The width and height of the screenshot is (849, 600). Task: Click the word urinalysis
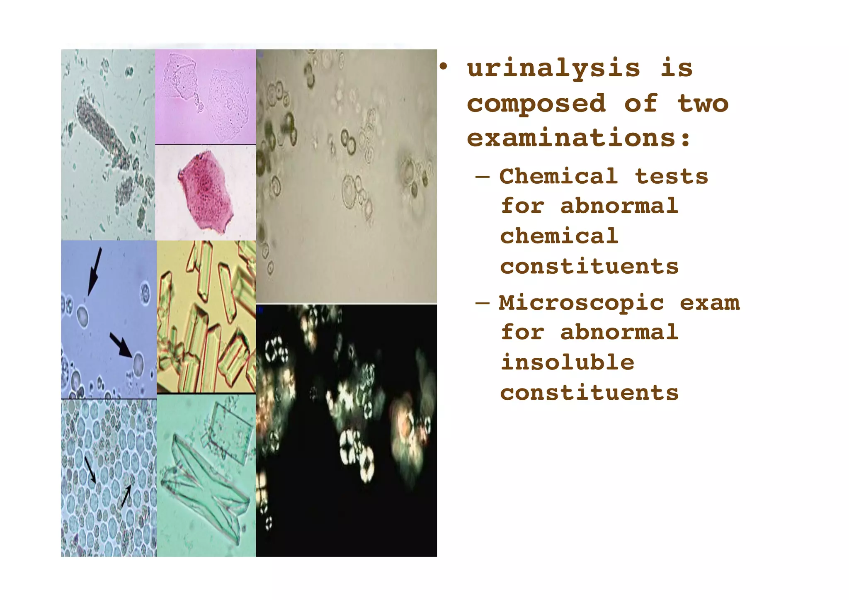tap(553, 69)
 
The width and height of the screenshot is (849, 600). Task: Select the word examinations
tap(572, 138)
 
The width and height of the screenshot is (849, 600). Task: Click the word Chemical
tap(558, 176)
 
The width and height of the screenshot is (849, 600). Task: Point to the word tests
tap(671, 176)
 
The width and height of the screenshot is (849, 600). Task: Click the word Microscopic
tap(581, 303)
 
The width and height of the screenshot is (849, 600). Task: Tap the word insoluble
tap(567, 362)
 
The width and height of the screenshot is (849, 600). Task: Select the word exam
tap(709, 303)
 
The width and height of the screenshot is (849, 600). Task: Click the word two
tap(703, 104)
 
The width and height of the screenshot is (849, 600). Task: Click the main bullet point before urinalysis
tap(444, 67)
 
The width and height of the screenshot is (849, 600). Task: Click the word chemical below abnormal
tap(559, 236)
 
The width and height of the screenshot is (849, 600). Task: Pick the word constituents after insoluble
tap(589, 393)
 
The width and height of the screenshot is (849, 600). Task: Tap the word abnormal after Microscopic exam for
tap(619, 333)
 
